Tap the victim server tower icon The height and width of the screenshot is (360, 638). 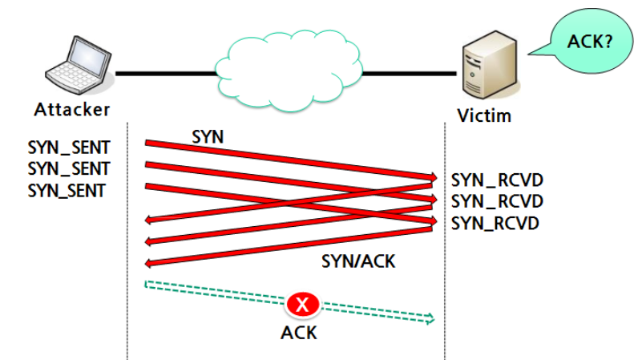click(x=490, y=64)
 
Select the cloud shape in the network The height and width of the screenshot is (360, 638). click(x=288, y=71)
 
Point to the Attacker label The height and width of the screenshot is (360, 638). click(x=72, y=110)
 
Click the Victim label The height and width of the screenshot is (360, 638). click(x=484, y=115)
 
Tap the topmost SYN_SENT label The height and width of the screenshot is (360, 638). click(x=69, y=148)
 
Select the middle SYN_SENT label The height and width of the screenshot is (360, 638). click(x=69, y=169)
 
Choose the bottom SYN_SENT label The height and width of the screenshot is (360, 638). click(x=67, y=191)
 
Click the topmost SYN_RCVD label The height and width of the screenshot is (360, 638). click(x=497, y=180)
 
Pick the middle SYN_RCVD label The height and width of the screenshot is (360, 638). click(x=497, y=201)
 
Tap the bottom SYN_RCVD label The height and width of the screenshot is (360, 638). click(x=495, y=223)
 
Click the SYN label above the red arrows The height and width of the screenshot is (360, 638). click(x=208, y=137)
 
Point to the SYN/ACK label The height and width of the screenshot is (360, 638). click(x=358, y=261)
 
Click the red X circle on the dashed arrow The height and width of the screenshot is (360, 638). click(x=302, y=304)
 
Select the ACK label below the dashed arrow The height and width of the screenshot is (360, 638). click(x=299, y=333)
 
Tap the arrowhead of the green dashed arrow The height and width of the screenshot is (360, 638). click(x=430, y=319)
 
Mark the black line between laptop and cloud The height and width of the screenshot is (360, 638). click(x=166, y=74)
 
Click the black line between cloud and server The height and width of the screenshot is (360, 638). click(x=409, y=74)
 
